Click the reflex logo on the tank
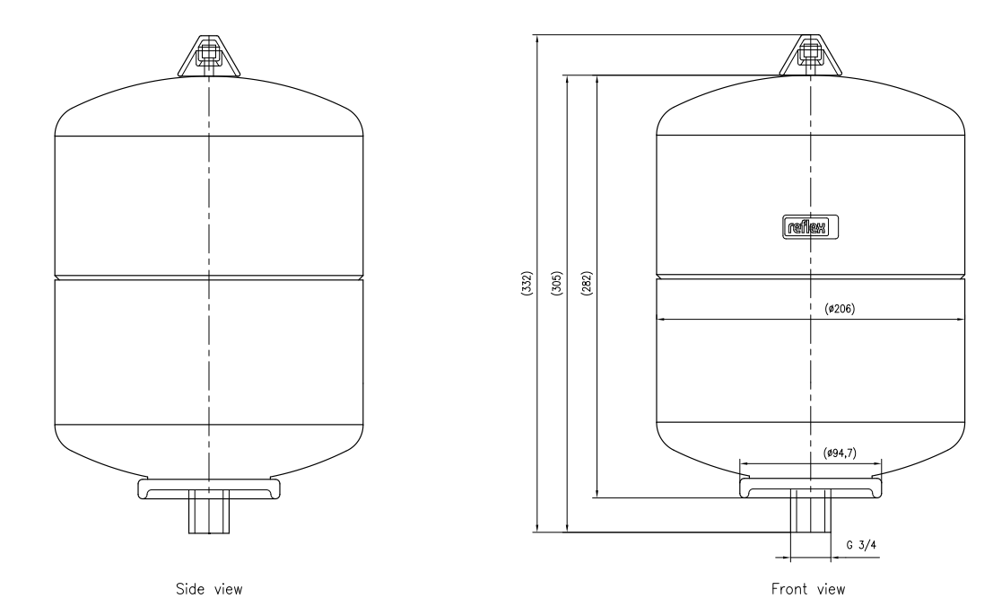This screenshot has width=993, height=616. (x=810, y=227)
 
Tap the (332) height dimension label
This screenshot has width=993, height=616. (x=527, y=283)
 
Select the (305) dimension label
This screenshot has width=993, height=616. (x=557, y=283)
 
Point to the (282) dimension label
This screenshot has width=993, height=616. (x=587, y=283)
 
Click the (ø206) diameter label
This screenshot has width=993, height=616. (x=840, y=309)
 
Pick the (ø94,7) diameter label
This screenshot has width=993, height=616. (x=840, y=453)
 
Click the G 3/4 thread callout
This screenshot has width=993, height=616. (x=861, y=545)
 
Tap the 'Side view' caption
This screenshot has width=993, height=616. (x=209, y=589)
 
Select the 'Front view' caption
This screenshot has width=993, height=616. (x=808, y=589)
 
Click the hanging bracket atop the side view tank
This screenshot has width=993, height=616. (x=209, y=56)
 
